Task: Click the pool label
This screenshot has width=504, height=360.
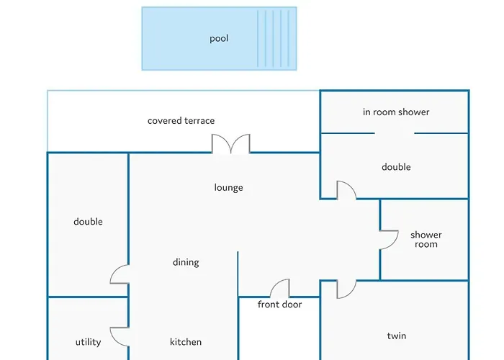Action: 219,39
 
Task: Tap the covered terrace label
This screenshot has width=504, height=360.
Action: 181,121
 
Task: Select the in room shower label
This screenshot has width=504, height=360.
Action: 396,112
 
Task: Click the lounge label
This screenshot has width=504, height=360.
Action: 228,188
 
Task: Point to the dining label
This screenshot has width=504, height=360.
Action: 186,263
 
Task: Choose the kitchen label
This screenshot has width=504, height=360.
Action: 186,342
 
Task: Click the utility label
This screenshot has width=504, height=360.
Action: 88,342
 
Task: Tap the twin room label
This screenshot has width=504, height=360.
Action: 397,336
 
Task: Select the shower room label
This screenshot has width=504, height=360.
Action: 426,240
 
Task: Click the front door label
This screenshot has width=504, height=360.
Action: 279,305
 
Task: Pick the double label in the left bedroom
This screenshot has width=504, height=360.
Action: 88,222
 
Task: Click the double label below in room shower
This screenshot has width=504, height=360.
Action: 396,167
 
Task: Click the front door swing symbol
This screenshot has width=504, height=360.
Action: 280,289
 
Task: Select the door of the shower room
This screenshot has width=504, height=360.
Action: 389,240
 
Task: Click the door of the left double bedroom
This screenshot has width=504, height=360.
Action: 120,275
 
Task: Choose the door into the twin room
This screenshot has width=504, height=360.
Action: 346,288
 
